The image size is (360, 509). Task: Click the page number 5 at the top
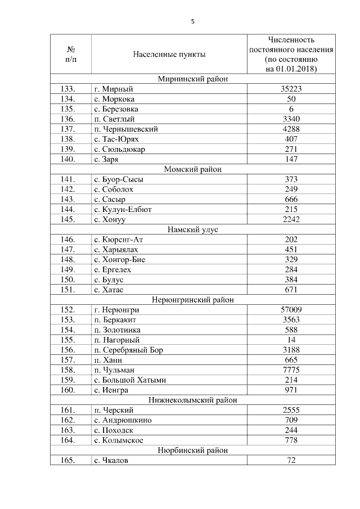pos(192,21)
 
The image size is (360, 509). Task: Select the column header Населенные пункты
pos(169,55)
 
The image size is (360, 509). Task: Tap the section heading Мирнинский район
pos(192,79)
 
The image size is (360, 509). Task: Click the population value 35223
pos(291,89)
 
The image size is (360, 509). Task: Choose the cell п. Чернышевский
pos(126,129)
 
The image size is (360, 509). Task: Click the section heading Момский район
pos(192,169)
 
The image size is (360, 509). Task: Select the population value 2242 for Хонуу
pos(291,219)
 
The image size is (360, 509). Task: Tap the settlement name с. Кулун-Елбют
pos(123,209)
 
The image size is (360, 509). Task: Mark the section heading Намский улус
pos(192,229)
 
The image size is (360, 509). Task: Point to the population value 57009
pos(291,310)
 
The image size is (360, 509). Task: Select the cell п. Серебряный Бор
pos(129,350)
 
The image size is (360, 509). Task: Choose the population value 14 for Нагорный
pos(291,340)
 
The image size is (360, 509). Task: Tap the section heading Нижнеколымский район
pos(192,400)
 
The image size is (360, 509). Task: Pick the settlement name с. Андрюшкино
pos(123,420)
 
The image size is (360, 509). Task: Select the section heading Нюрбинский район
pos(192,451)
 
